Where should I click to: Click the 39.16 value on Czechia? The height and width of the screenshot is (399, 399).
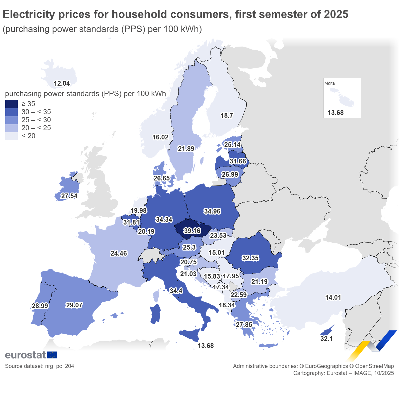click(x=192, y=231)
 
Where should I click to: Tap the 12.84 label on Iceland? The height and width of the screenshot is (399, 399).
click(x=62, y=83)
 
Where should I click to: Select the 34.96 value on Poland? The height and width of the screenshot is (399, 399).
click(x=212, y=211)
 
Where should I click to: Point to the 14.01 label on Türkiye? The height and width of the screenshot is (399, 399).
click(x=333, y=297)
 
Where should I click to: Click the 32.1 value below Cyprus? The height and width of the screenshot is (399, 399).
click(x=326, y=339)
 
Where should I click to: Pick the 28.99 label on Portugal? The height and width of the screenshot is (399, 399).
click(x=40, y=306)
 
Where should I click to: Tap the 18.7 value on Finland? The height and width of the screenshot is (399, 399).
click(x=227, y=115)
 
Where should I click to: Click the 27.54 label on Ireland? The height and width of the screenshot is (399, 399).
click(x=69, y=196)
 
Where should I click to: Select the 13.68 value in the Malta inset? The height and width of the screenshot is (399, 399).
click(x=335, y=113)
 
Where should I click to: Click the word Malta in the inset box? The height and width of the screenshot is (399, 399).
click(x=329, y=83)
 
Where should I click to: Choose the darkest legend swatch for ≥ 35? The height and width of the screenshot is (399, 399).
click(x=12, y=104)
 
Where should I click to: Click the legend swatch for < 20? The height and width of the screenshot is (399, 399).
click(x=12, y=136)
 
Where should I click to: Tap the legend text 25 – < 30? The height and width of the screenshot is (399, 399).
click(x=36, y=120)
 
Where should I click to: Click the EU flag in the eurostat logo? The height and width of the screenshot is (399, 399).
click(x=52, y=355)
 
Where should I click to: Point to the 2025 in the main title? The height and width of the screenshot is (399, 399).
click(x=336, y=15)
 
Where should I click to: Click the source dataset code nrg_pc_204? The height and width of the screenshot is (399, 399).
click(x=60, y=366)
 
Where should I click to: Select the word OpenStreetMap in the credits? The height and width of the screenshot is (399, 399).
click(x=374, y=366)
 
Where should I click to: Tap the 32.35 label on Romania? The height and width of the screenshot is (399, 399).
click(x=250, y=258)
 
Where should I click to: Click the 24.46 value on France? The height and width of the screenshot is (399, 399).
click(x=119, y=253)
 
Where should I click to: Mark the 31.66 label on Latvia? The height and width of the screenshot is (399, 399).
click(x=238, y=161)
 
